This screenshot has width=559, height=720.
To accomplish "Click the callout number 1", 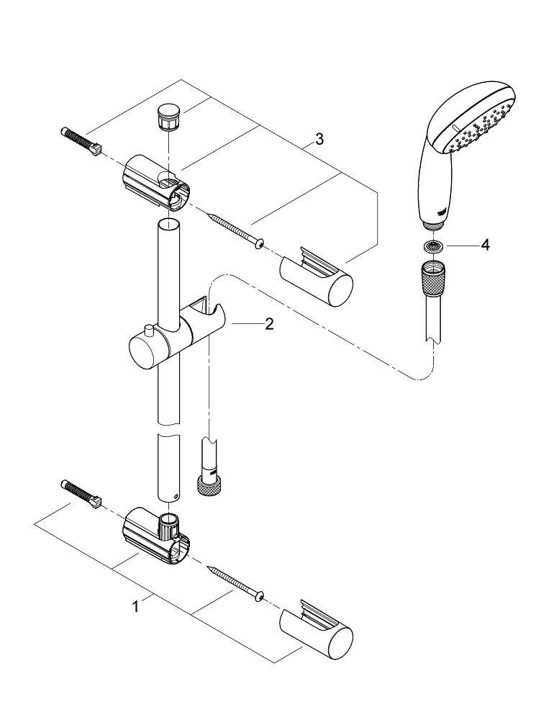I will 135,607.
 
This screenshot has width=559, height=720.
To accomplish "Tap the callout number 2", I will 269,324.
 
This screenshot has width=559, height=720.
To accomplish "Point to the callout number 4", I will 485,246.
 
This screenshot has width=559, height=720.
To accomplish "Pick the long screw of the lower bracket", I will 235,582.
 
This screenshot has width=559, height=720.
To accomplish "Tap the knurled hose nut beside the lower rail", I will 209,485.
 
